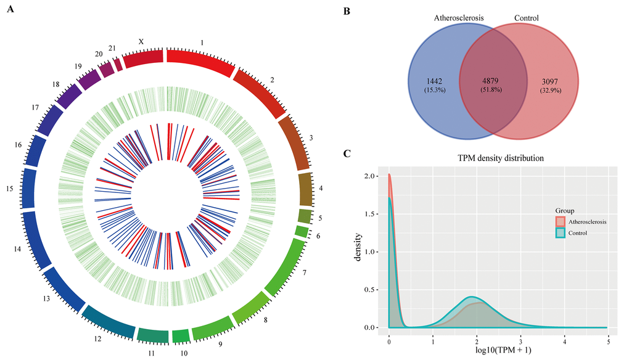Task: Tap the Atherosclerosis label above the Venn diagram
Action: pyautogui.click(x=460, y=18)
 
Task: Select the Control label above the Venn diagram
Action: pyautogui.click(x=526, y=18)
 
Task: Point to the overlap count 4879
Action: pyautogui.click(x=493, y=81)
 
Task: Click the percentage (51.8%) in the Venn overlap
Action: pyautogui.click(x=493, y=91)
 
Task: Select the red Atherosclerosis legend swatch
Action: pyautogui.click(x=560, y=221)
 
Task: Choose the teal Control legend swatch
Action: pyautogui.click(x=560, y=232)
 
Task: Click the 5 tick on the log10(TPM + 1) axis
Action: pyautogui.click(x=609, y=339)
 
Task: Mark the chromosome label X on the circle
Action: pyautogui.click(x=141, y=41)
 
